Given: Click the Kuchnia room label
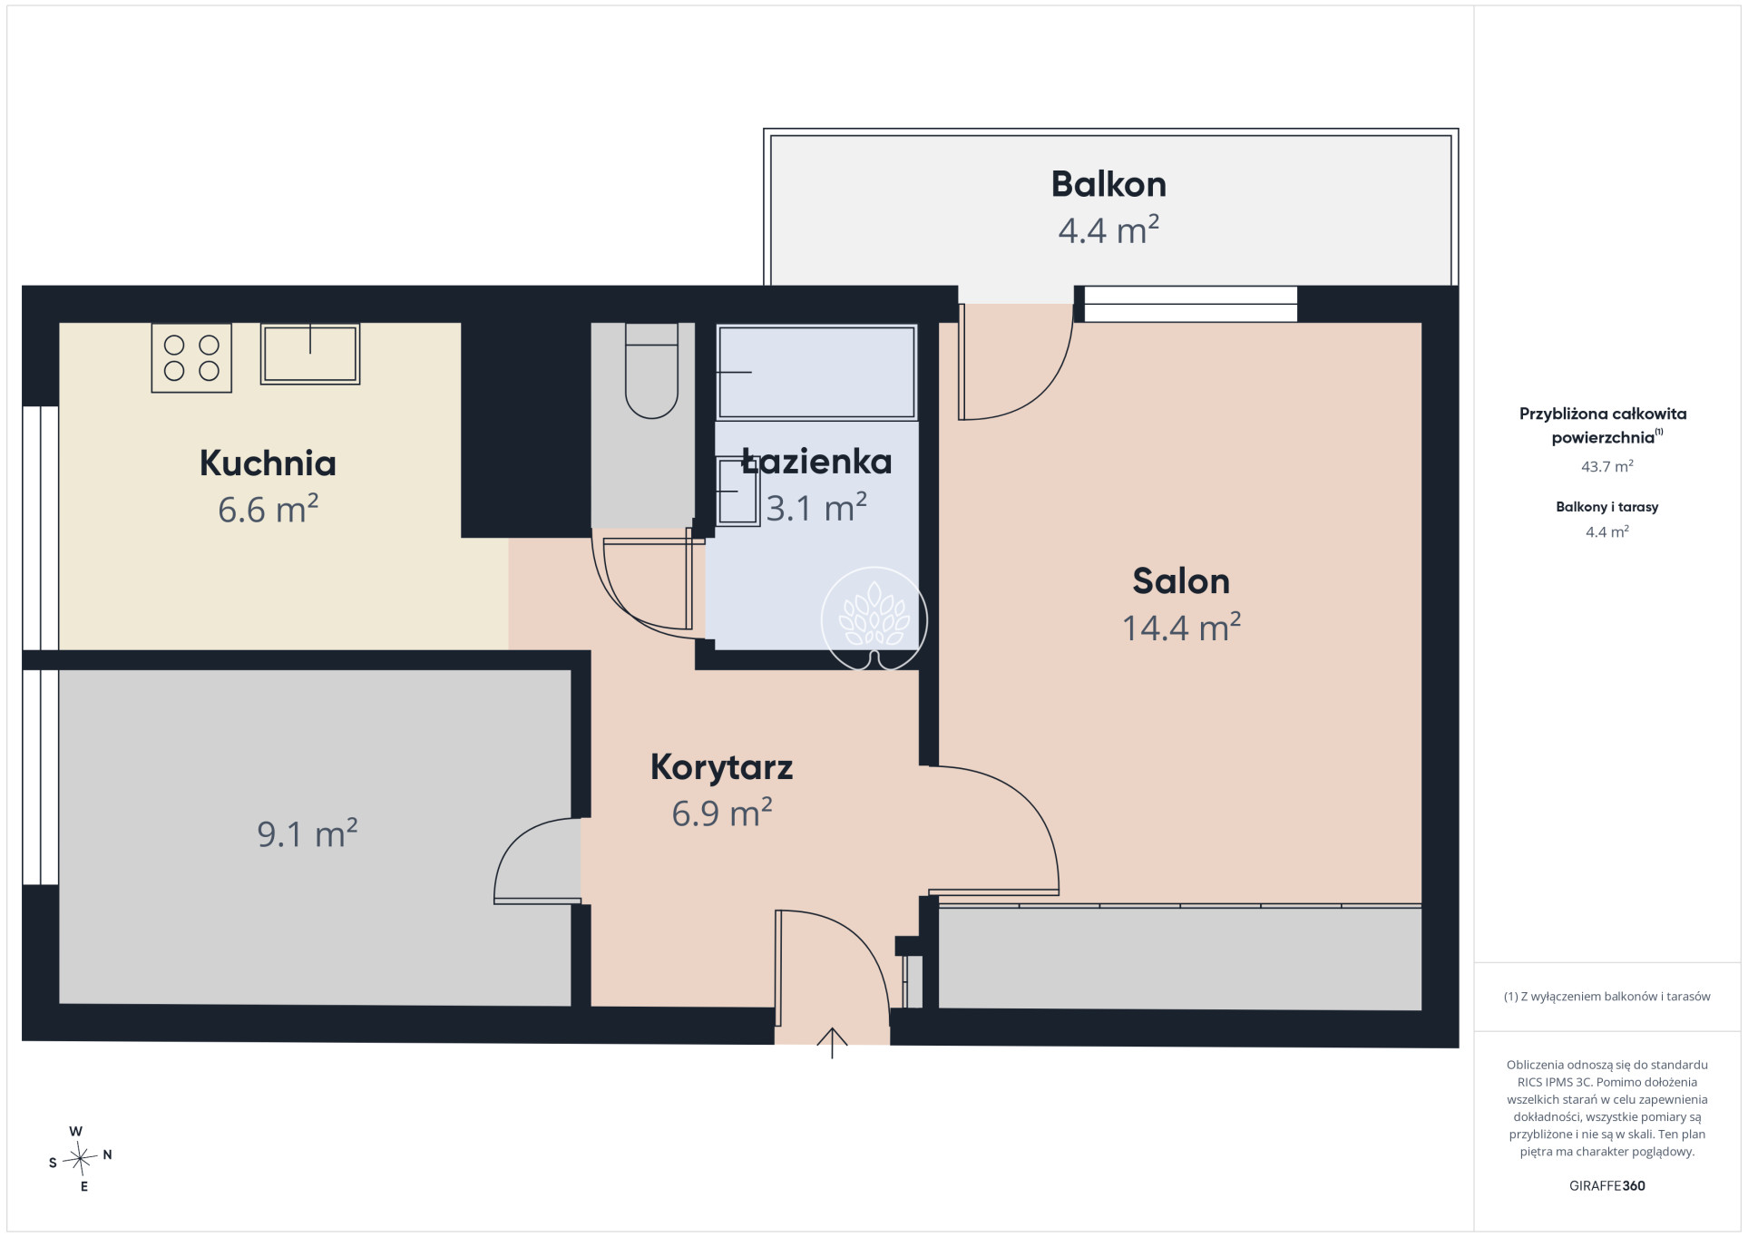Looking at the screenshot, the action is (268, 463).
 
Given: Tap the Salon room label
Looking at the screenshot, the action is (1181, 581).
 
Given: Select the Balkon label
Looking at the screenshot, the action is (1108, 184).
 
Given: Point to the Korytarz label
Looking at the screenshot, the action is (721, 768).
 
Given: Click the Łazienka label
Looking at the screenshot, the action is (816, 462).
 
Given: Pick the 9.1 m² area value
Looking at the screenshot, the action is (308, 833).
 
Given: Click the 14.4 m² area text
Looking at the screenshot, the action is (1181, 627).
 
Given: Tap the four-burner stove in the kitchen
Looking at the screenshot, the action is (191, 357).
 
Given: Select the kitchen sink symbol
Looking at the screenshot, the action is (310, 354).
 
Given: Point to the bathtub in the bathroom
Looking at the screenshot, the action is (816, 372).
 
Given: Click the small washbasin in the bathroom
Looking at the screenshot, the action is (737, 491).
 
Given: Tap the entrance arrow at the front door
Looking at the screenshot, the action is (832, 1043).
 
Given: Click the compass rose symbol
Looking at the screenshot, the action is (81, 1158).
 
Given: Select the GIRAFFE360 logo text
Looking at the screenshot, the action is (1607, 1185).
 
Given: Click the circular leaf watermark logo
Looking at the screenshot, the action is (874, 619).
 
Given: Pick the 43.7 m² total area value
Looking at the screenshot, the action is (1607, 466).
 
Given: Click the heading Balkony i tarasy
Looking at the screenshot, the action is (1607, 507).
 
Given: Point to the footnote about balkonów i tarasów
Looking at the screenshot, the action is (1607, 997).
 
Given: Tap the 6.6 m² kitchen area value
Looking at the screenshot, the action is (268, 509).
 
